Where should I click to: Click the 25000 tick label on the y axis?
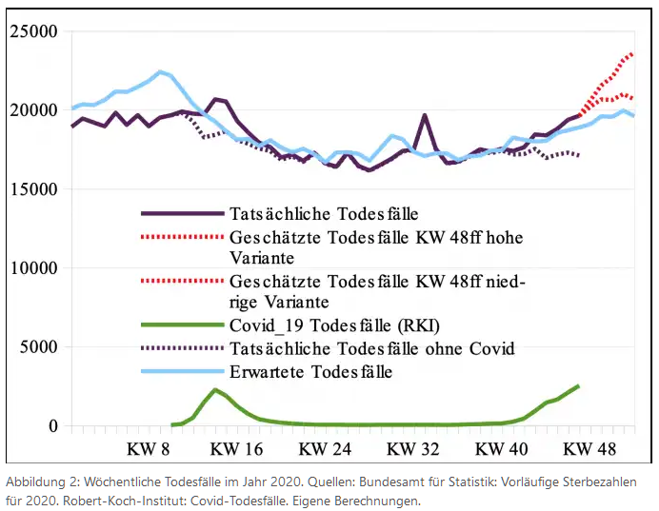coord(34,31)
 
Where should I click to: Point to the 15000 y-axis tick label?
coord(34,189)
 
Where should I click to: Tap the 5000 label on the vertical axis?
coord(39,347)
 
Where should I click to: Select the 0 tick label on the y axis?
coord(54,426)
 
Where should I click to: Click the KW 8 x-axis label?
coord(149,448)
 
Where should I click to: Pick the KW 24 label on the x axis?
coord(325,448)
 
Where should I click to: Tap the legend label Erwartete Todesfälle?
coord(310,371)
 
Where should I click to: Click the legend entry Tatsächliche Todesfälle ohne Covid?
coord(372,348)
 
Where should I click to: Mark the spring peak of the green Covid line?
coord(215,390)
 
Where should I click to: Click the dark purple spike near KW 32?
coord(425,116)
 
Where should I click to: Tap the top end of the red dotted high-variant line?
coord(631,54)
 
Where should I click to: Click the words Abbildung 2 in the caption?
coord(36,482)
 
